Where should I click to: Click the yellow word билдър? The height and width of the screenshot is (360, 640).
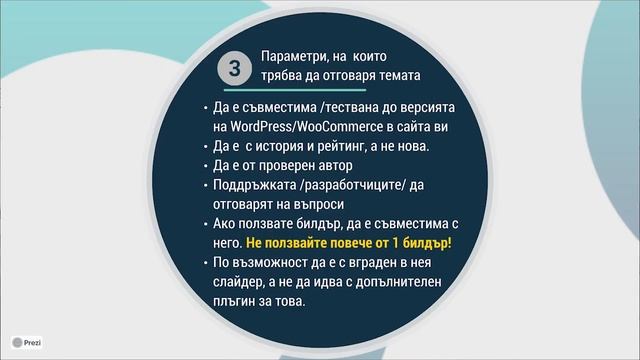(x=425, y=243)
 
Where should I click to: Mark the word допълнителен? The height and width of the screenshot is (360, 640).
(x=391, y=282)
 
